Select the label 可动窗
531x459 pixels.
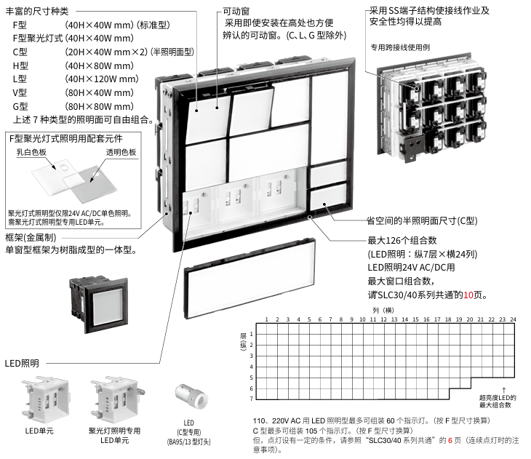pos(237,12)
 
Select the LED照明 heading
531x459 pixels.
pos(22,363)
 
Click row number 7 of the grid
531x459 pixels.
pos(252,399)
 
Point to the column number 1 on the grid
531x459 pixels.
pos(266,319)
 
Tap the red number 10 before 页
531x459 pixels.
pos(469,295)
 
